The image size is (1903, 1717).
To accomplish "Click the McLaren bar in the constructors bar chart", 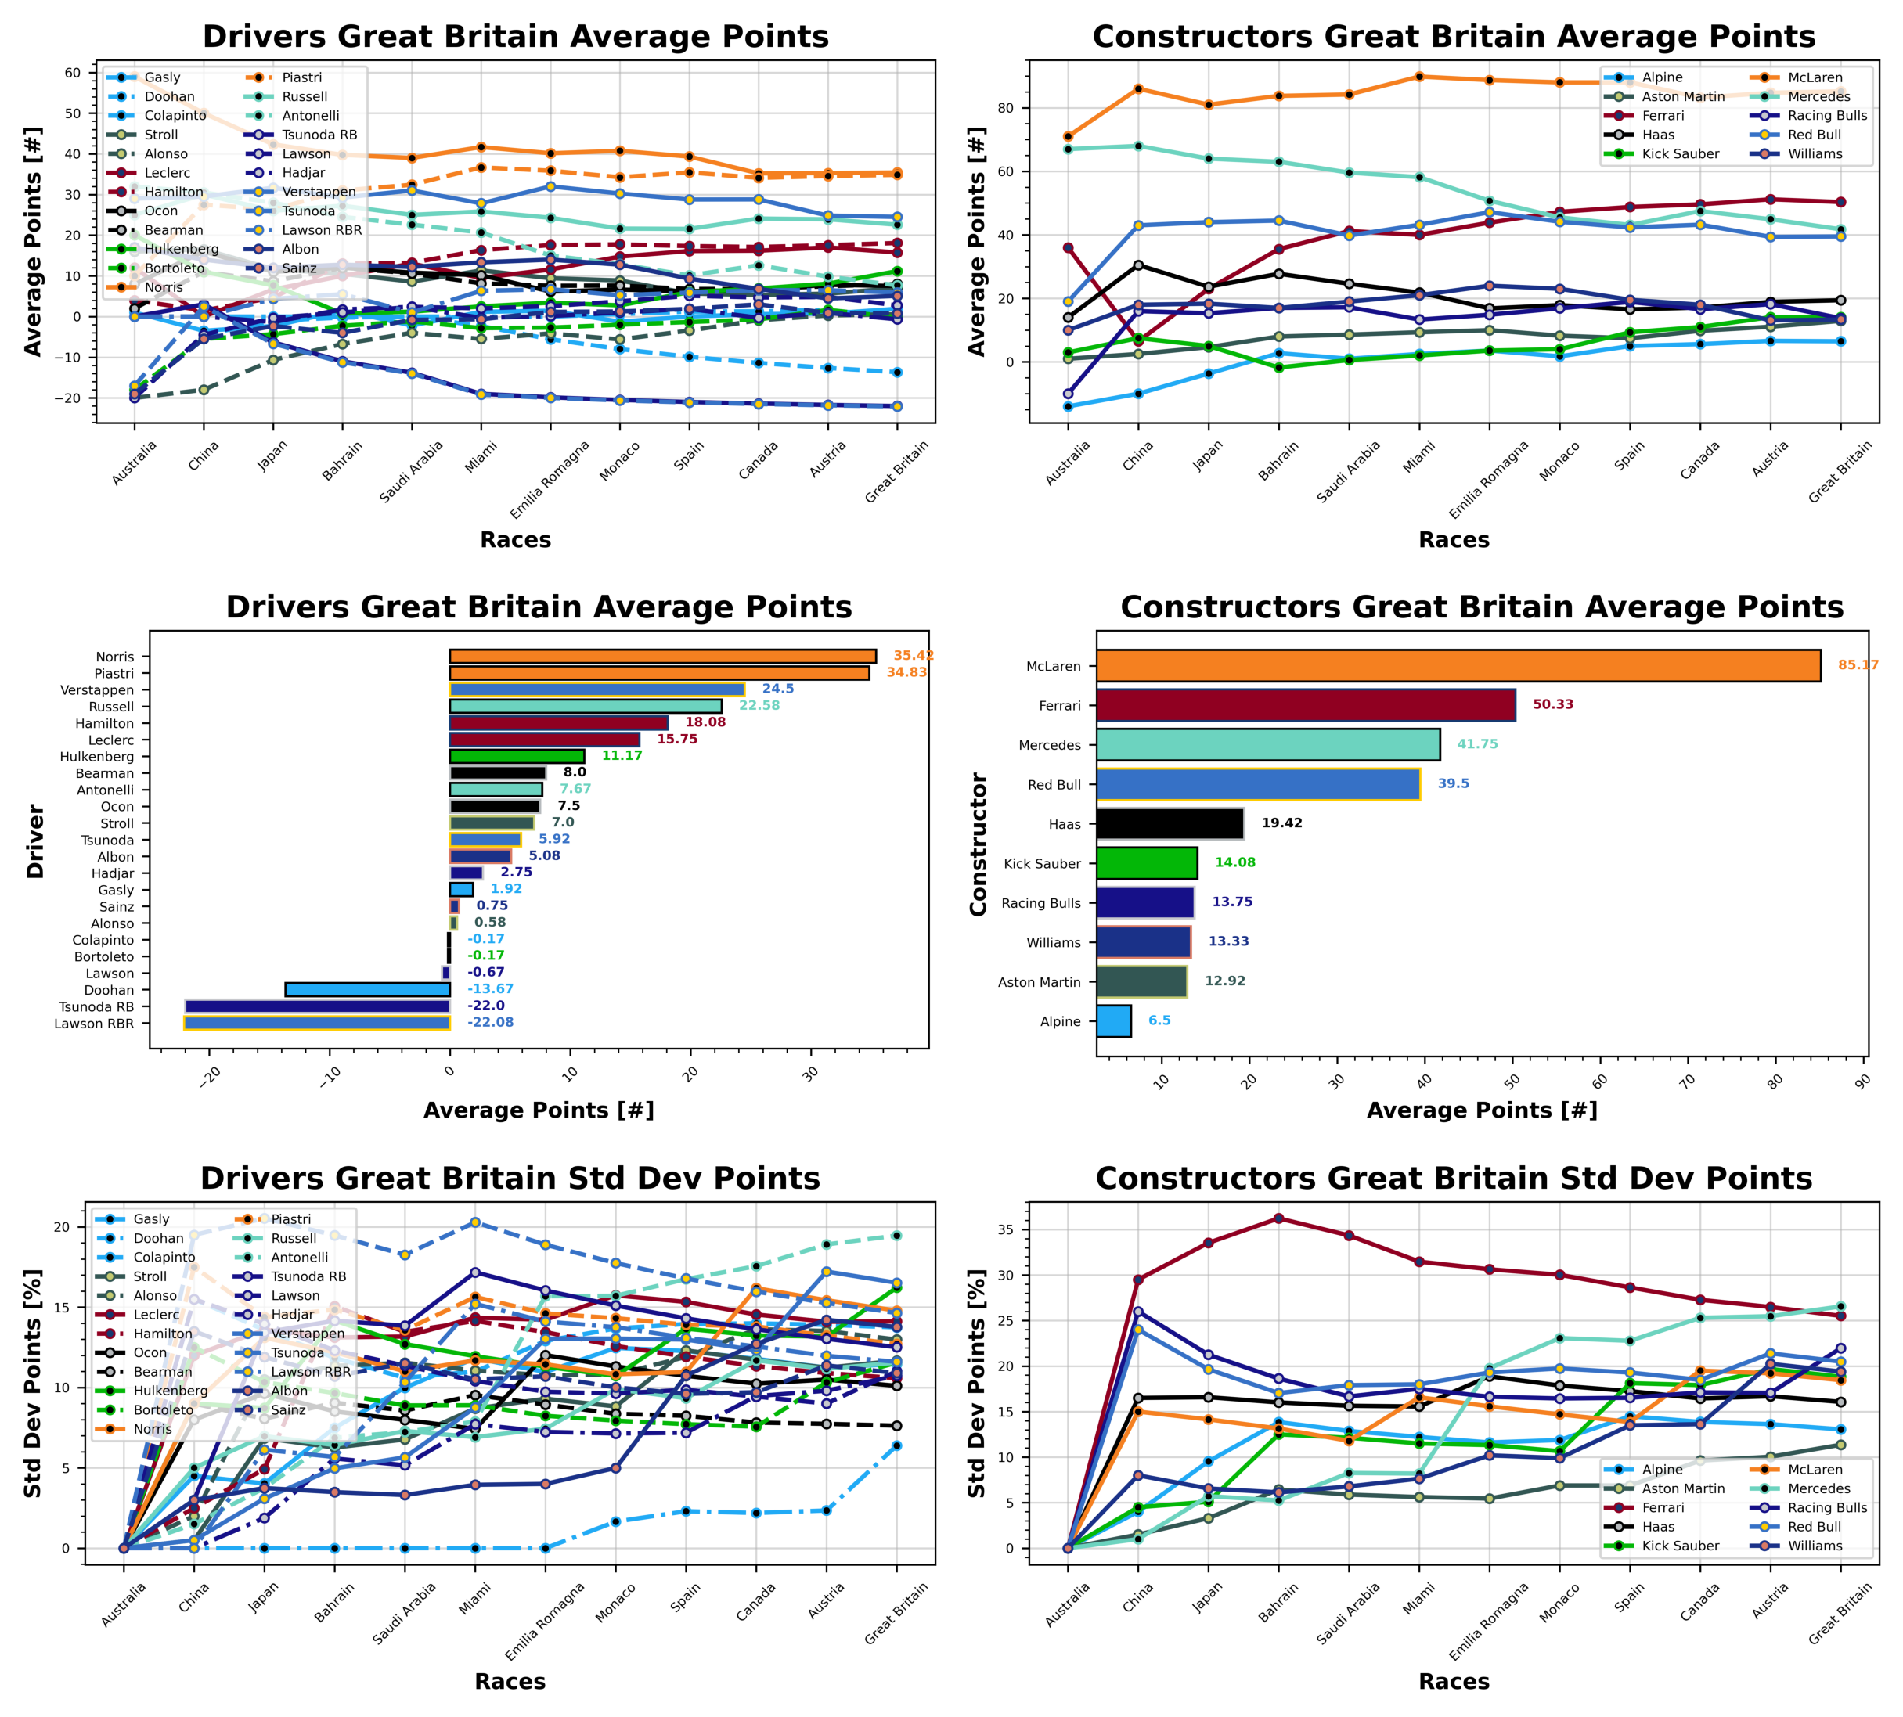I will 1458,665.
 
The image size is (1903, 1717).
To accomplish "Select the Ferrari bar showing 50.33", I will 1306,705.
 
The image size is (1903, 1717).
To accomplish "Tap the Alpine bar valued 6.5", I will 1113,1020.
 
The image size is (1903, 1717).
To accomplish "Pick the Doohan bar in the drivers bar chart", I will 367,990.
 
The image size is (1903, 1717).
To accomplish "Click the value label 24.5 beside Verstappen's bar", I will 777,689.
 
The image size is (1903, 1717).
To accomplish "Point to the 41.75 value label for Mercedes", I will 1476,743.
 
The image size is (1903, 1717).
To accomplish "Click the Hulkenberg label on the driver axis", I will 97,757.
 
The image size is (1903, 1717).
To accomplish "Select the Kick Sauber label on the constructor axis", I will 1042,863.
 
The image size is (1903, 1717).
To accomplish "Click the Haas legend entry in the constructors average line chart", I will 1658,135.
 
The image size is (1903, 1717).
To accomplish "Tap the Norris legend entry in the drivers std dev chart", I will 152,1428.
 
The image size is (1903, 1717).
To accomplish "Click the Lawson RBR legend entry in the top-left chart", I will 321,230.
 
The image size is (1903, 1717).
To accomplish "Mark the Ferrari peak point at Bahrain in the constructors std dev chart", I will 1278,1218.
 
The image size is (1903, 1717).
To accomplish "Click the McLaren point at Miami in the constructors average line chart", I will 1419,77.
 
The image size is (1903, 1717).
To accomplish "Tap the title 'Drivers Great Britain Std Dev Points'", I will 510,1179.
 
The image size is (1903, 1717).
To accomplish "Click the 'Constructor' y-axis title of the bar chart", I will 979,844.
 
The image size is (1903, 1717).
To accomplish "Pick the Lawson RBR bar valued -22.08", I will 316,1023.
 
